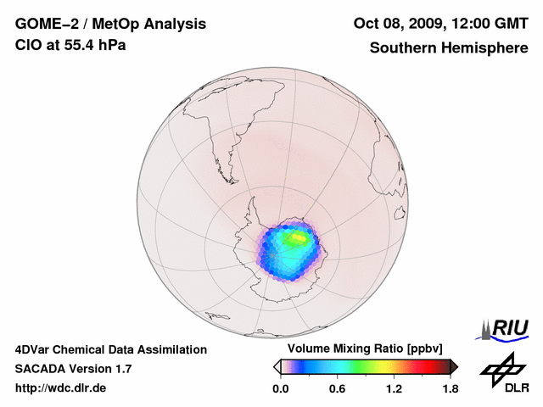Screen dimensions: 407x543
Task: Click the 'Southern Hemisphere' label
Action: tap(448, 47)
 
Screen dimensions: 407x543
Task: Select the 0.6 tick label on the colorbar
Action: tap(337, 389)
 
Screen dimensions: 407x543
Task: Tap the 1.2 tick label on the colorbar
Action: tap(394, 389)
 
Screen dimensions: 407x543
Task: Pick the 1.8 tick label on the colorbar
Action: tap(450, 389)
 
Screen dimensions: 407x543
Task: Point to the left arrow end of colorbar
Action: tap(277, 366)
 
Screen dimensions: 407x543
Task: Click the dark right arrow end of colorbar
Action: tap(454, 366)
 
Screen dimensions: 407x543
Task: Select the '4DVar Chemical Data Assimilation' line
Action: tap(110, 349)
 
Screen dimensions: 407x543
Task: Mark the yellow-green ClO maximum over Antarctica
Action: tap(296, 239)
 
